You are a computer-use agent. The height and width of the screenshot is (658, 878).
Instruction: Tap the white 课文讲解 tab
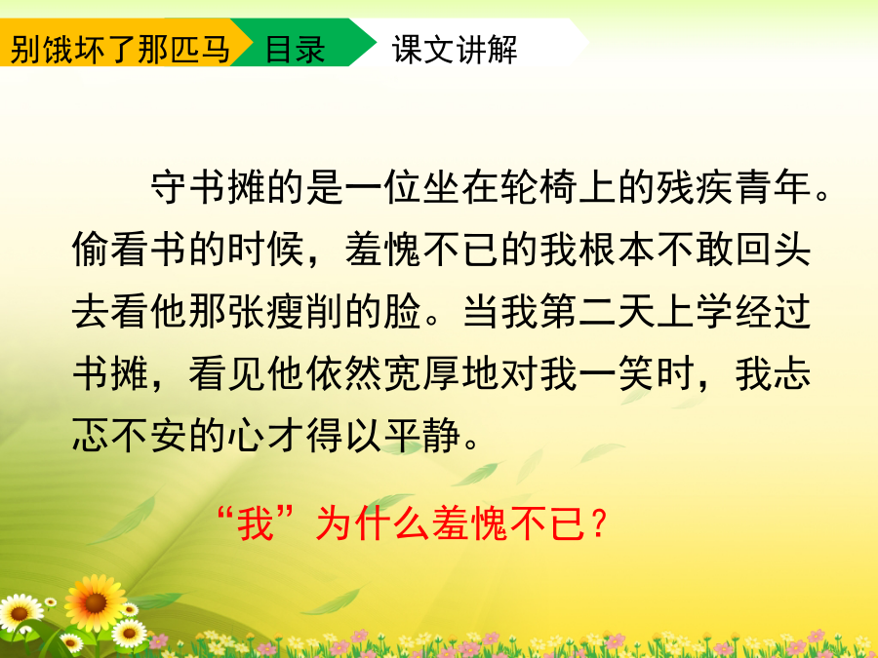coord(455,49)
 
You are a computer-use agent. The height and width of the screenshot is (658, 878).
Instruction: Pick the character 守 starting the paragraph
coord(169,186)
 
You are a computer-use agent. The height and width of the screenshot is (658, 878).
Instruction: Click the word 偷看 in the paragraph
coord(111,249)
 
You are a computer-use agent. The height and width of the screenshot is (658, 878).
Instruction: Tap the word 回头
coord(773,249)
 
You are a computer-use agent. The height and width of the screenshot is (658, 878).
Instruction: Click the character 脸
coord(403,311)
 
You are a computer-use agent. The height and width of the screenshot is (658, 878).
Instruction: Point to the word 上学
coord(695,311)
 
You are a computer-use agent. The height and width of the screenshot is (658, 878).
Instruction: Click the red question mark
coord(599,523)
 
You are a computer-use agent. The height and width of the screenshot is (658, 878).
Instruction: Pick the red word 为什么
coord(374,523)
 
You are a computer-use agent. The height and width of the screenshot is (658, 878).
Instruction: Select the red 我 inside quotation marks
coord(256,523)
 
